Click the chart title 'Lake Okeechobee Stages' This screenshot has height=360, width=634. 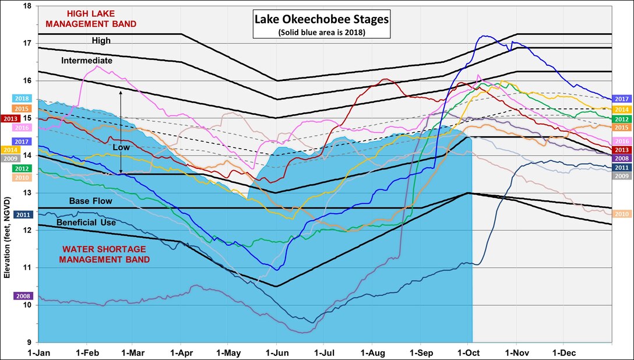tap(321, 20)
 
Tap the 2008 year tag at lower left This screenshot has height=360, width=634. tap(23, 296)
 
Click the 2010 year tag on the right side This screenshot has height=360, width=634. tap(622, 214)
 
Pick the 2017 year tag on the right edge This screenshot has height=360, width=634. tap(622, 100)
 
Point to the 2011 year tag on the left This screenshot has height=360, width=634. tap(23, 215)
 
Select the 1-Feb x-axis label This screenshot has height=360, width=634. tap(86, 352)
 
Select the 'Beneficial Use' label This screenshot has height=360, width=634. tap(86, 223)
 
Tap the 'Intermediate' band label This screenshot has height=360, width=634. tap(87, 61)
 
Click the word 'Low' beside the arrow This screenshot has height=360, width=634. tap(121, 148)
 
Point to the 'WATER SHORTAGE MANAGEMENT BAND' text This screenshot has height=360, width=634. tap(103, 254)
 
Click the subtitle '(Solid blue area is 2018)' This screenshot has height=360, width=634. tap(321, 32)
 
